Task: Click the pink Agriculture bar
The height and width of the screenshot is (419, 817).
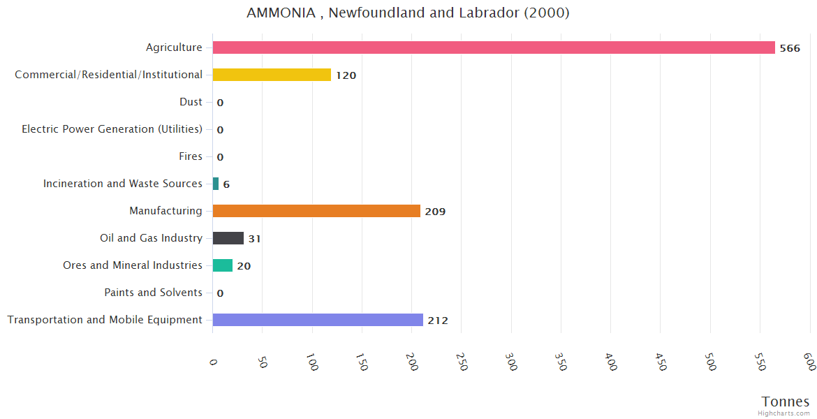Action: (x=494, y=47)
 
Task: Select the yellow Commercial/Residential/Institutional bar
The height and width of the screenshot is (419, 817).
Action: (x=272, y=75)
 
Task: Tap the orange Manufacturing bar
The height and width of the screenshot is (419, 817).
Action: (x=316, y=211)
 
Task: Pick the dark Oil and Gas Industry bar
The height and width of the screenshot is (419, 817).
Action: (x=228, y=238)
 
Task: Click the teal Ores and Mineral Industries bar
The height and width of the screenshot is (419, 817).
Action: (x=223, y=265)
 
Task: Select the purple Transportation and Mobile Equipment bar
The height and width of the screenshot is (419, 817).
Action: (x=318, y=320)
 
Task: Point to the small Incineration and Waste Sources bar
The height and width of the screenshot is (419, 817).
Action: (x=216, y=184)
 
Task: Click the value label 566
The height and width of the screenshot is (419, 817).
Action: (x=790, y=48)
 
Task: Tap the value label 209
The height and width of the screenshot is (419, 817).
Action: (x=435, y=212)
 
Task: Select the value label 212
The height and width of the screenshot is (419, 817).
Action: (x=438, y=321)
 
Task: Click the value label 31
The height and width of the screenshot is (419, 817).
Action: (x=254, y=239)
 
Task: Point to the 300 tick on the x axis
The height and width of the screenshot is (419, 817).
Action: (x=512, y=362)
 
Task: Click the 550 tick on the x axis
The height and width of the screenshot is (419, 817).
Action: (x=760, y=362)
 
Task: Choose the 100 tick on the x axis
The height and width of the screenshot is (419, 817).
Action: (x=313, y=362)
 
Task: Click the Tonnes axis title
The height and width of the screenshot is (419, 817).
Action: (x=786, y=402)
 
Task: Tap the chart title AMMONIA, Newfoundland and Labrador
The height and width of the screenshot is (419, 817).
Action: (x=408, y=13)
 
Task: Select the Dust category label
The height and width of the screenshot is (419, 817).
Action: (x=191, y=102)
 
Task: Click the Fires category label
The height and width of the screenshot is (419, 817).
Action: (x=190, y=156)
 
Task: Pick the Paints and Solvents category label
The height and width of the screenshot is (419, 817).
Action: (x=153, y=293)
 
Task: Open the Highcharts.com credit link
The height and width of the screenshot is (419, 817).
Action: (x=784, y=413)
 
